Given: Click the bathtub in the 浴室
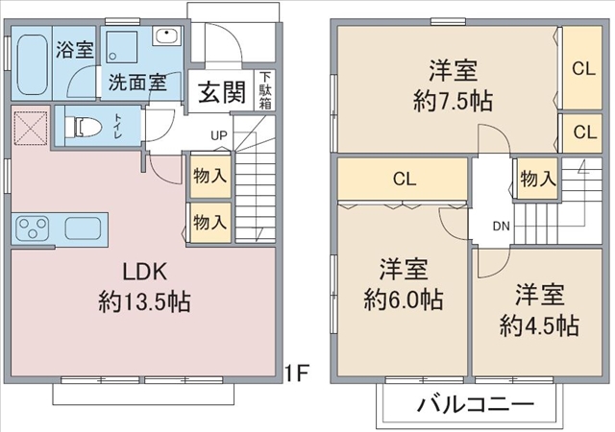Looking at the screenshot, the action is tap(33, 64).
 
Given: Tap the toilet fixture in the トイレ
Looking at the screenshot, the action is tap(83, 127).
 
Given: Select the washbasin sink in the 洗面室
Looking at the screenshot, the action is tap(167, 36).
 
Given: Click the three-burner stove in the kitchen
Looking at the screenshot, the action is tap(32, 228).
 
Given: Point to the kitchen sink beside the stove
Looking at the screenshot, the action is tap(84, 228).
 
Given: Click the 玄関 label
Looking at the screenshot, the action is tap(222, 92).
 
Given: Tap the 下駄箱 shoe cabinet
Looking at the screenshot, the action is tap(265, 90).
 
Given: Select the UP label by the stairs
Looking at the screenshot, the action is tap(219, 135).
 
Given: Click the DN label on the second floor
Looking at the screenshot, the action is tap(501, 227).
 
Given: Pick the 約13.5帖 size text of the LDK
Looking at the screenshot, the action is tap(144, 301).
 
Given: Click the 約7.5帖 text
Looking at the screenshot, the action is tap(453, 101).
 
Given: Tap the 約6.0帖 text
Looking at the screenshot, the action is tap(404, 300).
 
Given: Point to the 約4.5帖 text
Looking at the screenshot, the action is tap(539, 325).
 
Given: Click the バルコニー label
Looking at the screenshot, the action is tap(476, 404).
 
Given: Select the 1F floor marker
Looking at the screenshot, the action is tap(297, 372).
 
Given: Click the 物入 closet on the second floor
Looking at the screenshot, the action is tap(538, 179).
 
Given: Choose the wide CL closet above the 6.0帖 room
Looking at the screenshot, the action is tap(403, 179).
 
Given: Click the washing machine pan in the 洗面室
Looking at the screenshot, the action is tap(122, 47).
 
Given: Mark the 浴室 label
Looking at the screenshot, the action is tap(75, 49).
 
